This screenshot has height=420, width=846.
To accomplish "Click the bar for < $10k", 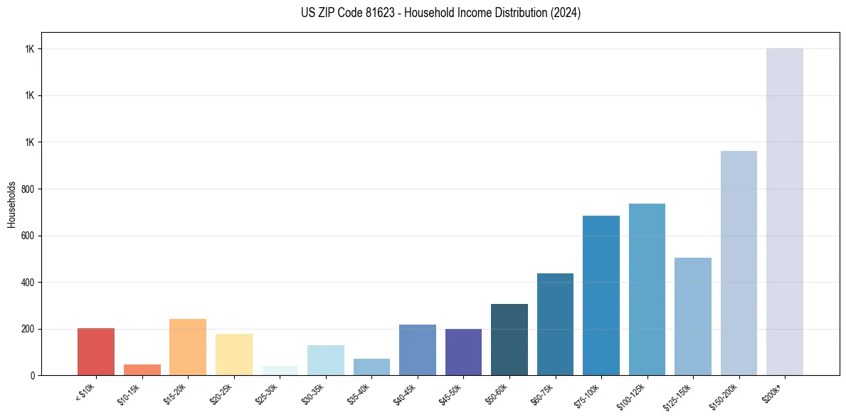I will point(96,352).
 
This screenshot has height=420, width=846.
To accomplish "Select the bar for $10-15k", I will point(142,369).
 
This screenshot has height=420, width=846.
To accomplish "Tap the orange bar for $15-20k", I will point(188,347).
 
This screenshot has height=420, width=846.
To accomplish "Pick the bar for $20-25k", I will point(234,355).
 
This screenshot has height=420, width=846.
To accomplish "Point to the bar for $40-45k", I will point(418,350).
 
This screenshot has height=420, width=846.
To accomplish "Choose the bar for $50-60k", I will point(509,340).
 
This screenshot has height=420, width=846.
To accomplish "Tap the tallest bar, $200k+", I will point(785,212).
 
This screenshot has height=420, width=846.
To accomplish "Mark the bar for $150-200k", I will point(739,263).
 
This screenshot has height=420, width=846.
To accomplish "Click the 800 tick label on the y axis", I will point(28,189).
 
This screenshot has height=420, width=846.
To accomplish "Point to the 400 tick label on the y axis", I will point(28,283).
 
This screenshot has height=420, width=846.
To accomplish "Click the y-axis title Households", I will point(11,204).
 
